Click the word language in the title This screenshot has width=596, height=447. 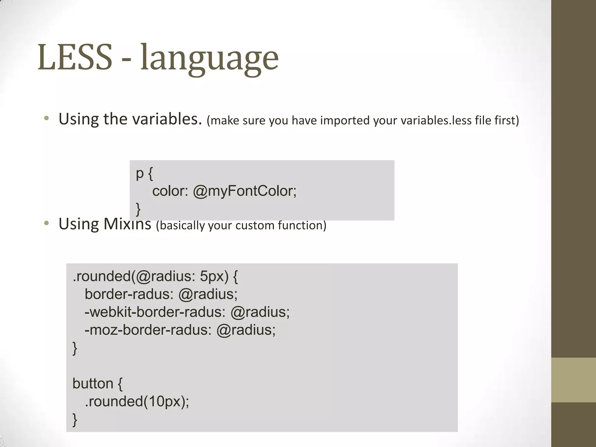[x=209, y=58]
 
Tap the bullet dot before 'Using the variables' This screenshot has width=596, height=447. [x=46, y=118]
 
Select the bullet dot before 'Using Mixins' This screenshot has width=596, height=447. [x=46, y=223]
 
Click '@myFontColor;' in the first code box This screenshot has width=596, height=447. [x=244, y=191]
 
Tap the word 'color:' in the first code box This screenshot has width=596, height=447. [x=170, y=191]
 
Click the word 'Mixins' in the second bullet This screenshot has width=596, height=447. [x=127, y=224]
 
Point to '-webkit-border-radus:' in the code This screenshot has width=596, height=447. [x=155, y=312]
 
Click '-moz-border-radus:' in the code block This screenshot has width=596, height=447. [x=148, y=330]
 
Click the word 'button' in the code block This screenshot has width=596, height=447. [x=93, y=384]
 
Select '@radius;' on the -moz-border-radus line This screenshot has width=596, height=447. [x=246, y=330]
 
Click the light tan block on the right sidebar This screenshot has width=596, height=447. [x=574, y=380]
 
